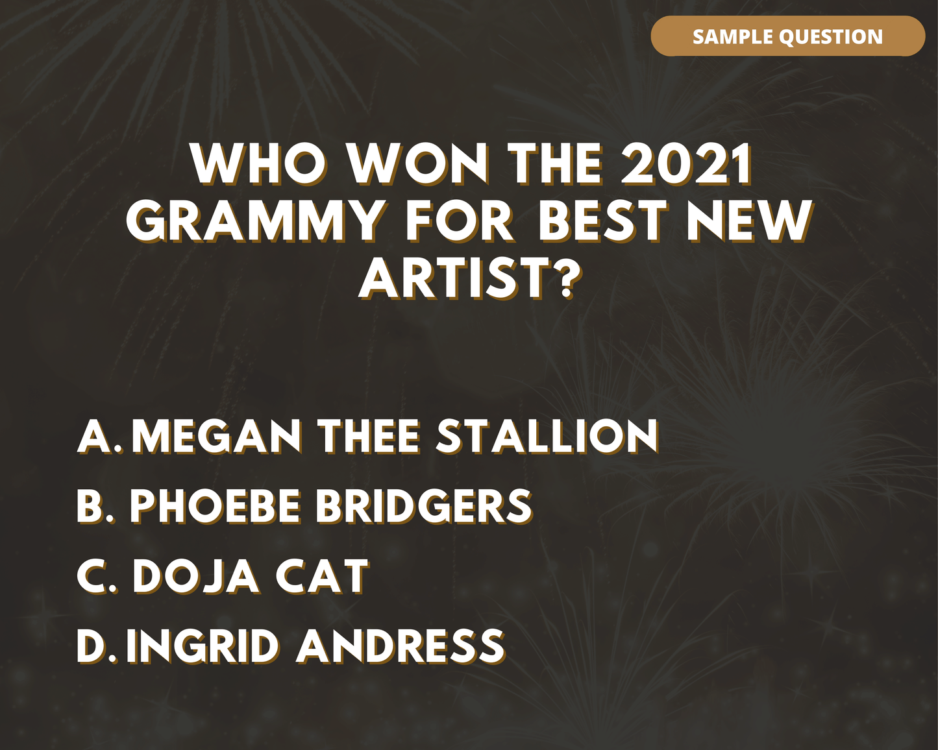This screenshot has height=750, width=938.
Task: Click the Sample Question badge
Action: (x=788, y=36)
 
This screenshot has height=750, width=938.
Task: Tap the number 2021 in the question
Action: (x=687, y=164)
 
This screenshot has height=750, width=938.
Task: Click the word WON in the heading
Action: (x=419, y=164)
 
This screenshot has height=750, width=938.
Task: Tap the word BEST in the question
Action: (x=604, y=221)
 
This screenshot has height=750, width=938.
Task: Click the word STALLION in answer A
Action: (x=547, y=436)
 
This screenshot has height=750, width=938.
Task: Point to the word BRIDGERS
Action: (x=424, y=506)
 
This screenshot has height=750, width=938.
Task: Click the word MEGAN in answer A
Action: (x=217, y=436)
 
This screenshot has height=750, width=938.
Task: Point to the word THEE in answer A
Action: (x=369, y=436)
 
